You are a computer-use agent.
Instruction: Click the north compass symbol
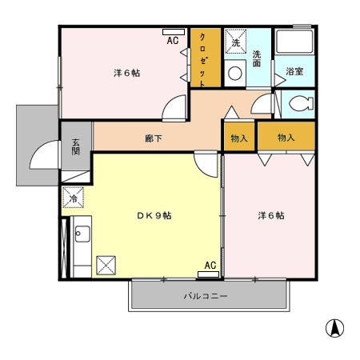[x=334, y=327]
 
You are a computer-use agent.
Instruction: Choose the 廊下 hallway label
[x=154, y=138]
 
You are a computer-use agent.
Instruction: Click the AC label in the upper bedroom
[x=173, y=42]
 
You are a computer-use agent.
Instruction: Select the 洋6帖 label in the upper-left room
[x=126, y=74]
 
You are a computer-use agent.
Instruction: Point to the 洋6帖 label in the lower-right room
[x=270, y=216]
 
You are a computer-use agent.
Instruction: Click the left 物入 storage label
[x=238, y=138]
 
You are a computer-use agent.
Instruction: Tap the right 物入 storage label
[x=286, y=138]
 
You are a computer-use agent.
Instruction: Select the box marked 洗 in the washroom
[x=236, y=39]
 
